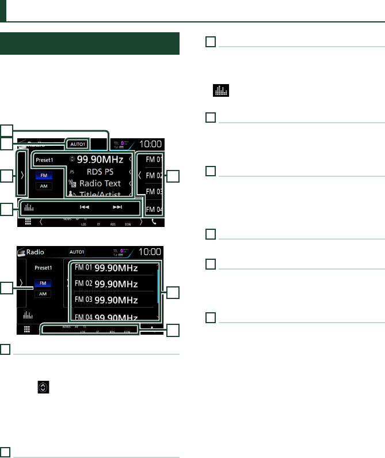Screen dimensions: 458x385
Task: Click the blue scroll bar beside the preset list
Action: [159, 286]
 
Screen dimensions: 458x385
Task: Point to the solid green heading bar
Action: [90, 44]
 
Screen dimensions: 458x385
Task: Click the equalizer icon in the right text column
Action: [221, 90]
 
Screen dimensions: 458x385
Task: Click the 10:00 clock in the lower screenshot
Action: [151, 251]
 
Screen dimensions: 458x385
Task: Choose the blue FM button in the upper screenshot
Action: [43, 176]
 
